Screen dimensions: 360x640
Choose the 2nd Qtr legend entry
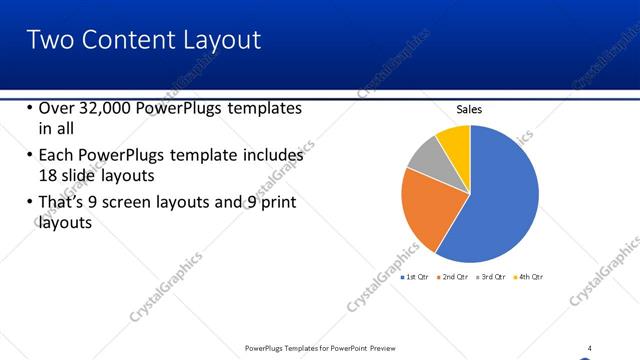tap(454, 276)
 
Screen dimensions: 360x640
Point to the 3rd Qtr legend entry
tap(492, 276)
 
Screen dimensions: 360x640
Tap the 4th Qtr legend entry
tap(529, 276)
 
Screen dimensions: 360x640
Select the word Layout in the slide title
tap(223, 40)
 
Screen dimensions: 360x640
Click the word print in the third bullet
tap(276, 203)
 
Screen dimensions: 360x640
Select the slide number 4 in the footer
tap(589, 348)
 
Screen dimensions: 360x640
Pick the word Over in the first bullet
tap(56, 108)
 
